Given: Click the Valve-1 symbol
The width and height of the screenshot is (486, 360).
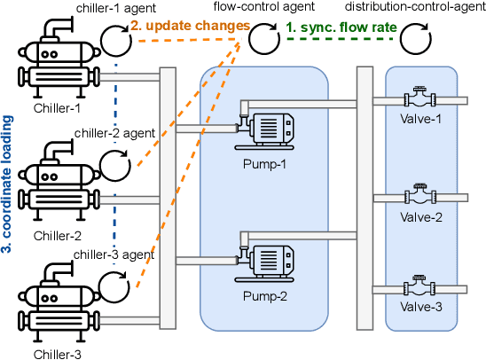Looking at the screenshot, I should coord(418,97).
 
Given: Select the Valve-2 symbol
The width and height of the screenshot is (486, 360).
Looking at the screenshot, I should coord(418,193).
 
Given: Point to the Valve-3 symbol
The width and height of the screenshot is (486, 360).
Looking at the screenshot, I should coord(418,287).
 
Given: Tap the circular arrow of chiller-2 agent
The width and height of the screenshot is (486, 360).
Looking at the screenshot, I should coord(115,162).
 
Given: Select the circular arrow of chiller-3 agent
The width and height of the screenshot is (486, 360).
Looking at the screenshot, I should coord(115,286).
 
